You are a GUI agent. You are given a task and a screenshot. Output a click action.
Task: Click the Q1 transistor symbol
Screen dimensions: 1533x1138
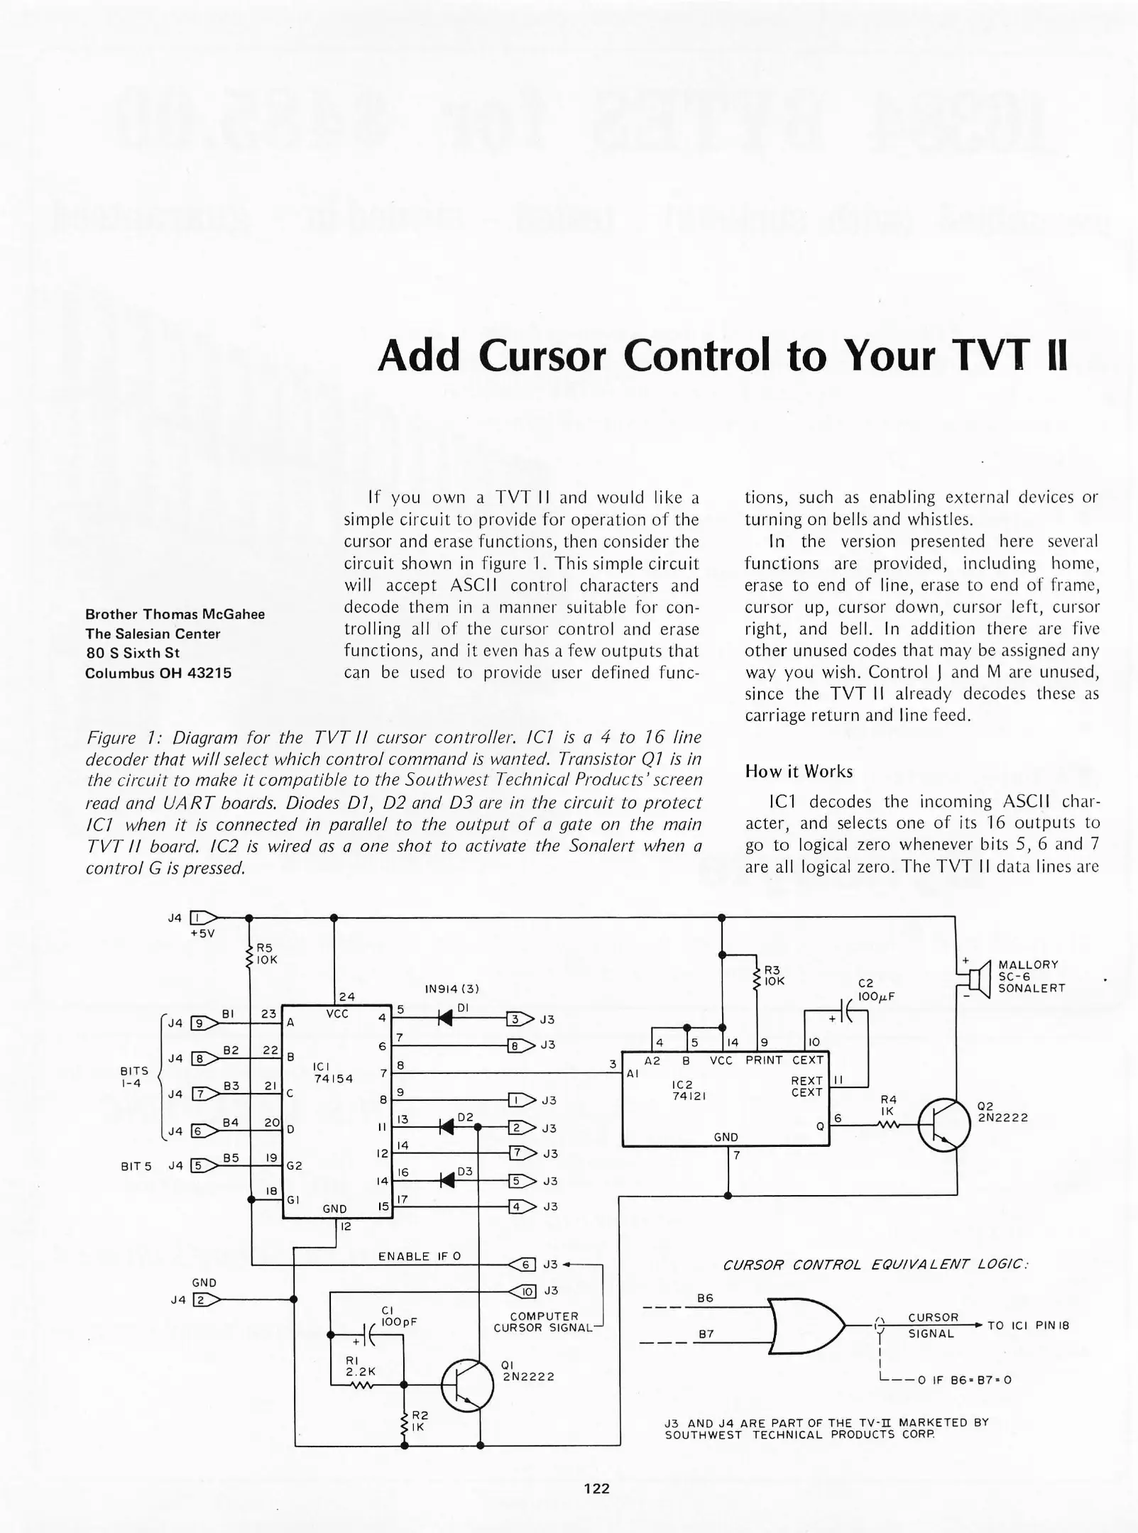467,1385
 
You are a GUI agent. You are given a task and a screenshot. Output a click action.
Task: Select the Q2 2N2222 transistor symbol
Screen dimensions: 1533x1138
943,1125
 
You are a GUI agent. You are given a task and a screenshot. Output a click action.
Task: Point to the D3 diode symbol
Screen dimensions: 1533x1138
447,1180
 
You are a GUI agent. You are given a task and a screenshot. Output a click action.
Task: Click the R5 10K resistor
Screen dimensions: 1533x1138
249,955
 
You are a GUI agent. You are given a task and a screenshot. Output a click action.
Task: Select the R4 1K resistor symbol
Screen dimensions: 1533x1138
889,1125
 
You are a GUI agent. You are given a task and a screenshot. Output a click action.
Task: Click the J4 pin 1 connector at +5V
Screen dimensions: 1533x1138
203,917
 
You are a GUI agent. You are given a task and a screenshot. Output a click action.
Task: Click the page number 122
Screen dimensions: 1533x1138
596,1488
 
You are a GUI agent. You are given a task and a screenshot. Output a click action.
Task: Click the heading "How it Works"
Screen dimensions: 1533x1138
799,771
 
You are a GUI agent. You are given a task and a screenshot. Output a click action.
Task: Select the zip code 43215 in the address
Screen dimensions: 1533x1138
209,673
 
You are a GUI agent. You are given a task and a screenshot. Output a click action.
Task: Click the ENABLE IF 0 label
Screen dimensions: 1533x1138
419,1256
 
